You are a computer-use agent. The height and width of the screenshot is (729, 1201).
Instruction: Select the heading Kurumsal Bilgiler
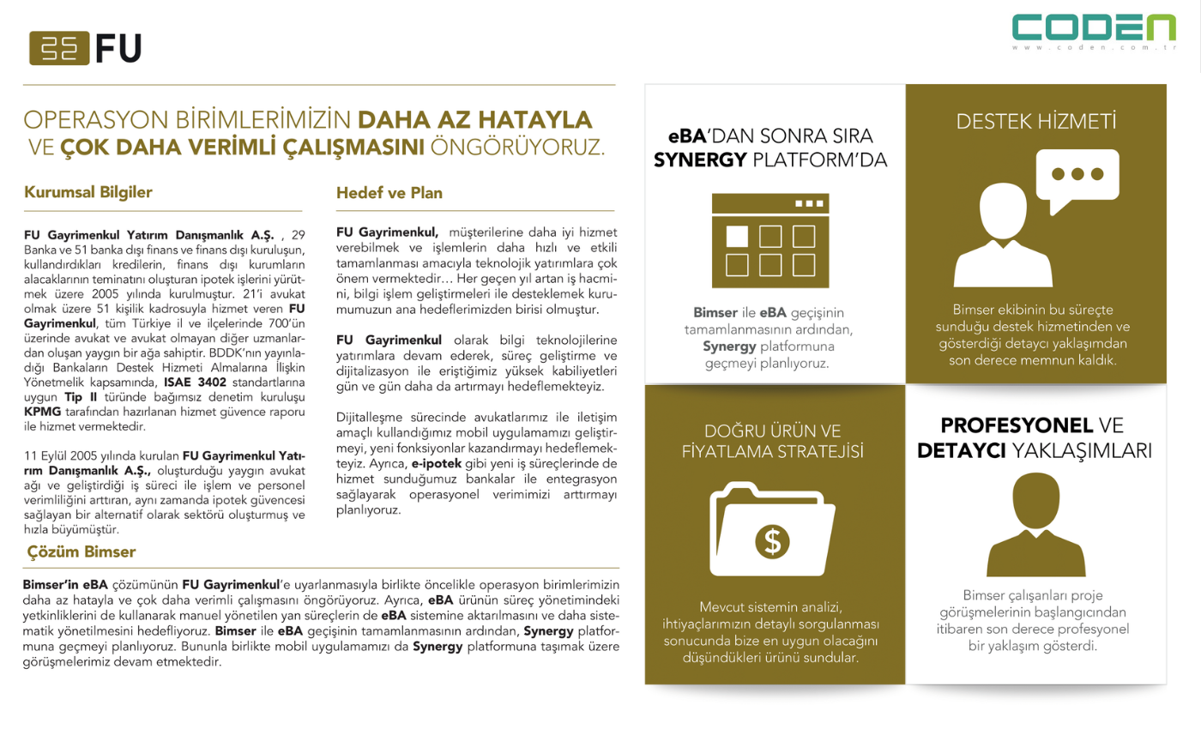click(88, 192)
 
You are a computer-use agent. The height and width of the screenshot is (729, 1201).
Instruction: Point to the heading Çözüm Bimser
click(81, 551)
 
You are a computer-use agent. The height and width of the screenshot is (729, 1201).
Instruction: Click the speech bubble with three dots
click(1077, 177)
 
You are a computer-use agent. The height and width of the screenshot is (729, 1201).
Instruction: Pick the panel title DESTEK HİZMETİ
click(1037, 123)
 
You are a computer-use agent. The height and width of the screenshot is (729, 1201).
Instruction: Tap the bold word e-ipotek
click(438, 461)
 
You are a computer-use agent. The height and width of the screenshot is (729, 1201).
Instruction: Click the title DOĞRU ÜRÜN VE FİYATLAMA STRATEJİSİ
click(773, 440)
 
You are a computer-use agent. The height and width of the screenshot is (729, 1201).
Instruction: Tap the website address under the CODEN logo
click(1095, 49)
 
